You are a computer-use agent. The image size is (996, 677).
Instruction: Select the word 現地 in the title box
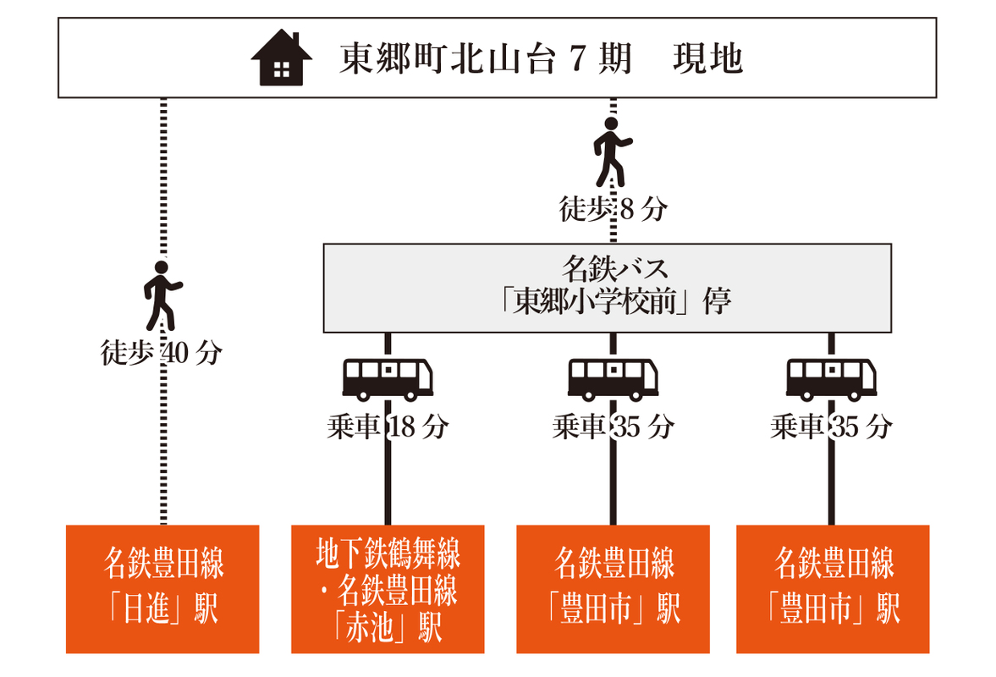tap(708, 58)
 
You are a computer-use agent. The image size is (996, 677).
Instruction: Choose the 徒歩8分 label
tap(613, 209)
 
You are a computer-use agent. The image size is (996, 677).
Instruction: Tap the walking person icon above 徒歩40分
tap(162, 295)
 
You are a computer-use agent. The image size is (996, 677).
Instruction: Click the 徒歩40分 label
tap(162, 353)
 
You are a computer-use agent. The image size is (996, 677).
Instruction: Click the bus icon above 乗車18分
tap(388, 378)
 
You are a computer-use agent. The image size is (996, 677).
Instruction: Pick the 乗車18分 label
tap(387, 427)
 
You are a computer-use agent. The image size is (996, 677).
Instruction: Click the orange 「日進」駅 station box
tap(162, 588)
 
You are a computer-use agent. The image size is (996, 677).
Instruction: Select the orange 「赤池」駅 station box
tap(388, 588)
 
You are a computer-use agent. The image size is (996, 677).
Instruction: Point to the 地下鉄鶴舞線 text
tap(388, 555)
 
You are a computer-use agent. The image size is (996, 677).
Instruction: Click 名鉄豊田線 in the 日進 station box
tap(163, 564)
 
